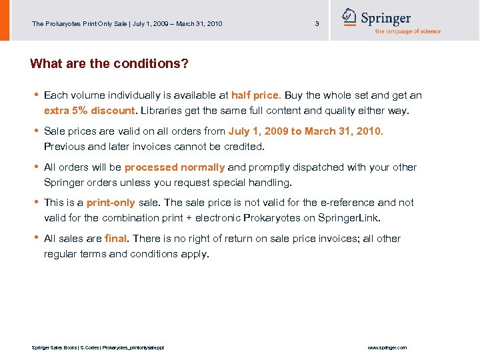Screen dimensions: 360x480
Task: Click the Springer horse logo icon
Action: pos(349,17)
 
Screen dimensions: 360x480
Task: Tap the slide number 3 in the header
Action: pos(317,24)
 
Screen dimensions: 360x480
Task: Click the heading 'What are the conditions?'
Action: pos(109,64)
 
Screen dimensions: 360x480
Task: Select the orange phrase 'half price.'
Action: pos(256,95)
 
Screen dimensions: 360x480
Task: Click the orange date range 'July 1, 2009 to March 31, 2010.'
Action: pos(306,131)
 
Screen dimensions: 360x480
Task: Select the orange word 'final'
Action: pos(115,239)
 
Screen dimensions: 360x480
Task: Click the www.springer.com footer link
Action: pos(387,348)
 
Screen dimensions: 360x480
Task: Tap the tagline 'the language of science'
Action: pos(407,31)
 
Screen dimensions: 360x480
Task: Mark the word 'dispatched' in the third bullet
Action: pos(319,167)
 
